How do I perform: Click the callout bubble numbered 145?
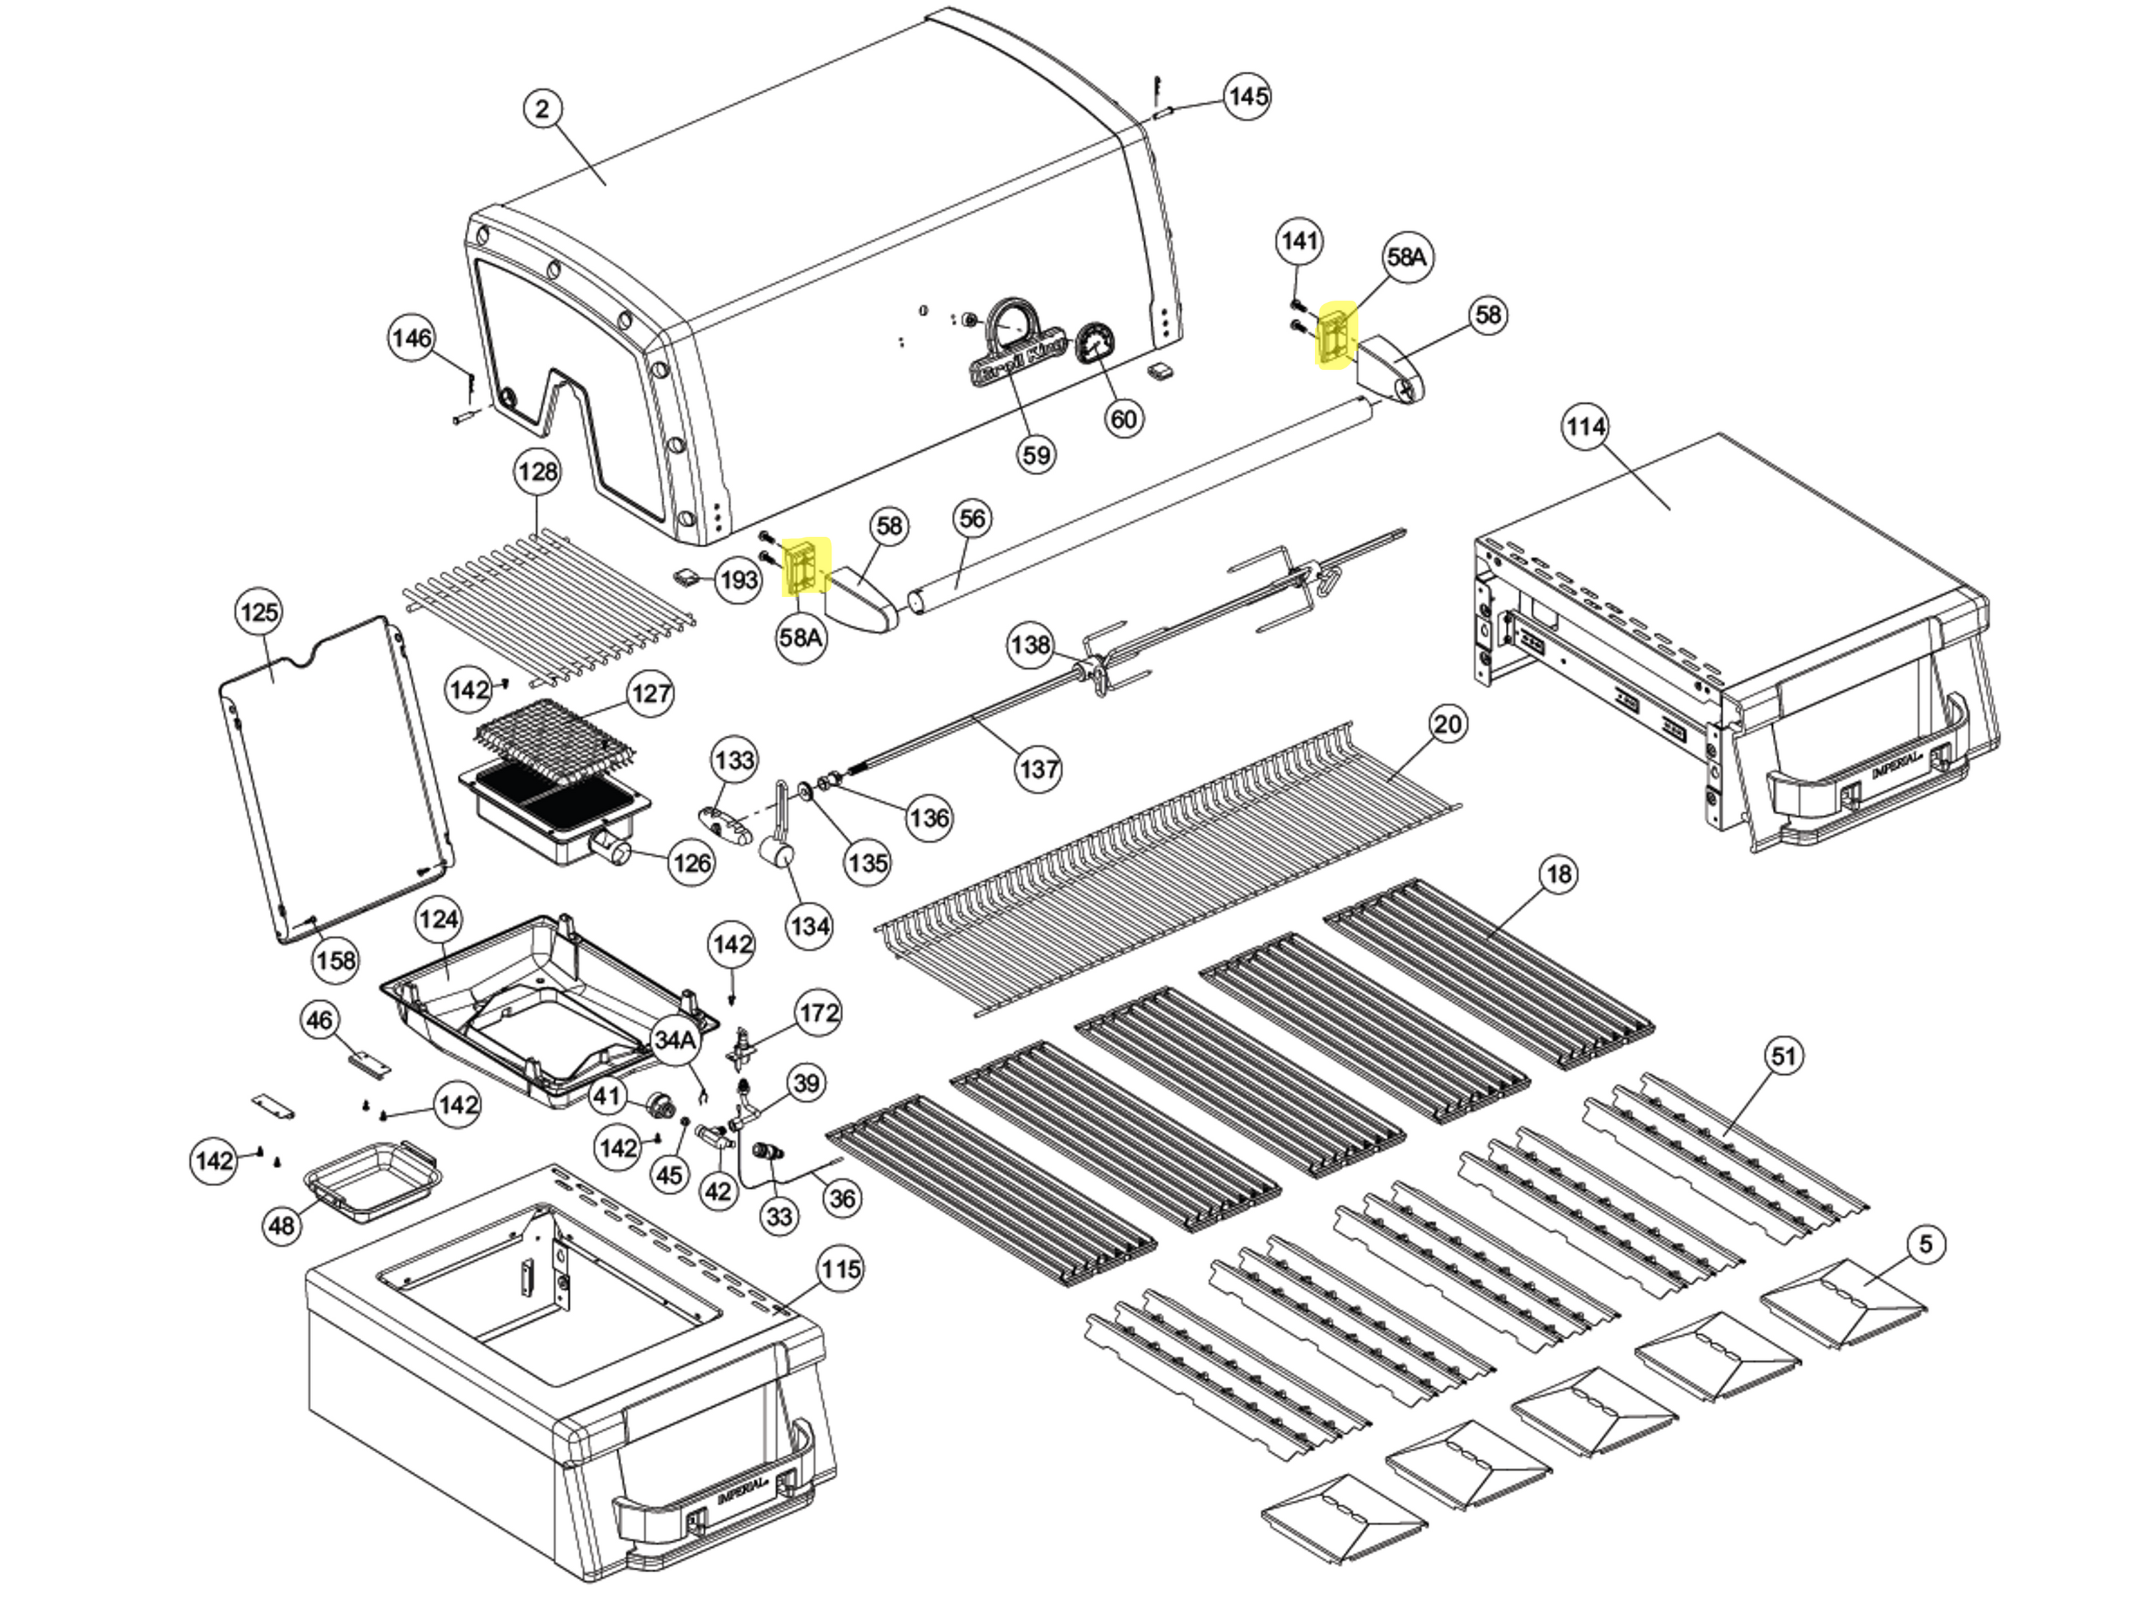(1247, 97)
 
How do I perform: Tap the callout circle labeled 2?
(543, 109)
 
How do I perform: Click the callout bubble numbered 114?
(1586, 427)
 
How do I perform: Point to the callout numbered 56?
(973, 519)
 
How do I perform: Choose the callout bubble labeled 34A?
(675, 1039)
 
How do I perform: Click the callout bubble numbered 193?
(739, 581)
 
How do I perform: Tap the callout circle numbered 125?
(258, 612)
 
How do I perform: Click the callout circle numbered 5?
(1925, 1244)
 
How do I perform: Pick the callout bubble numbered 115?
(839, 1269)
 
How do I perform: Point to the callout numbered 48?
(281, 1226)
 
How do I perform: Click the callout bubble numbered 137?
(1039, 769)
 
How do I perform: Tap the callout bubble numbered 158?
(335, 960)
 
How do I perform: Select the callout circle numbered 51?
(1784, 1055)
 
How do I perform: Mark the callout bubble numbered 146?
(412, 338)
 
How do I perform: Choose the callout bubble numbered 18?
(1559, 874)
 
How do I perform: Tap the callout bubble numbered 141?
(1299, 241)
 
